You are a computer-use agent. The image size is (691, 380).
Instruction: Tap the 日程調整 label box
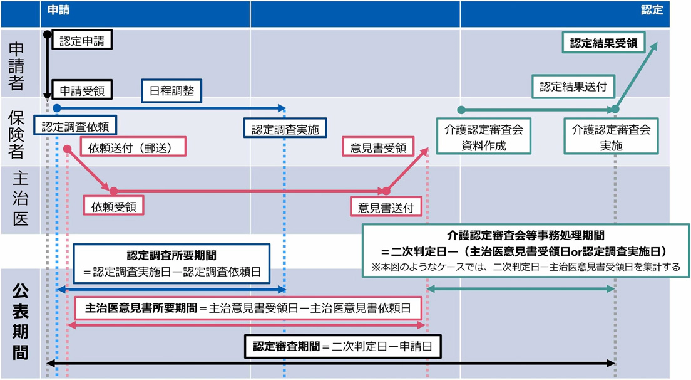(171, 90)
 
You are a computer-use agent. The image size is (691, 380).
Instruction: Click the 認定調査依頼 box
(76, 127)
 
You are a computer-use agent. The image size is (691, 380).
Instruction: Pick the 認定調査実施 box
(285, 130)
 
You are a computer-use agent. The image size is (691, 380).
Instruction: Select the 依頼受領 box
(113, 205)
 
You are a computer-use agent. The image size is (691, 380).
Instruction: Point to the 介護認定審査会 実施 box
(611, 137)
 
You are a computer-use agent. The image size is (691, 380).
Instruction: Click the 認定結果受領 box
(603, 43)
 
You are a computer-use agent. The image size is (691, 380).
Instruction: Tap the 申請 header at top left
(59, 11)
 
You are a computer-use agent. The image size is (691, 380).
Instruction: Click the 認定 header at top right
(652, 11)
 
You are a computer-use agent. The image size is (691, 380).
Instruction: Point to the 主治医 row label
(19, 199)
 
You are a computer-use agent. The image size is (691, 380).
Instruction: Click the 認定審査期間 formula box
(347, 346)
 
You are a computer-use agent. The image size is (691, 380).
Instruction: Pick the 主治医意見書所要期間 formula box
(248, 308)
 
